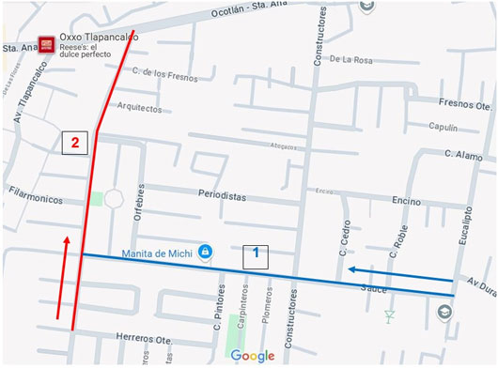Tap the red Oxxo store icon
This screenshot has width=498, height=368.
(44, 45)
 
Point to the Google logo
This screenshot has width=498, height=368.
(251, 356)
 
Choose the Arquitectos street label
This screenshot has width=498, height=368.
(140, 107)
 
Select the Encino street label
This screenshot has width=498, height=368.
(406, 201)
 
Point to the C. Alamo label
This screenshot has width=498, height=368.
(463, 154)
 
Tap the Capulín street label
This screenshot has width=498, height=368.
(442, 127)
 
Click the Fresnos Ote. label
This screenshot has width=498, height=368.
(464, 104)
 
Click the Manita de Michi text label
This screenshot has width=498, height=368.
(157, 253)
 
